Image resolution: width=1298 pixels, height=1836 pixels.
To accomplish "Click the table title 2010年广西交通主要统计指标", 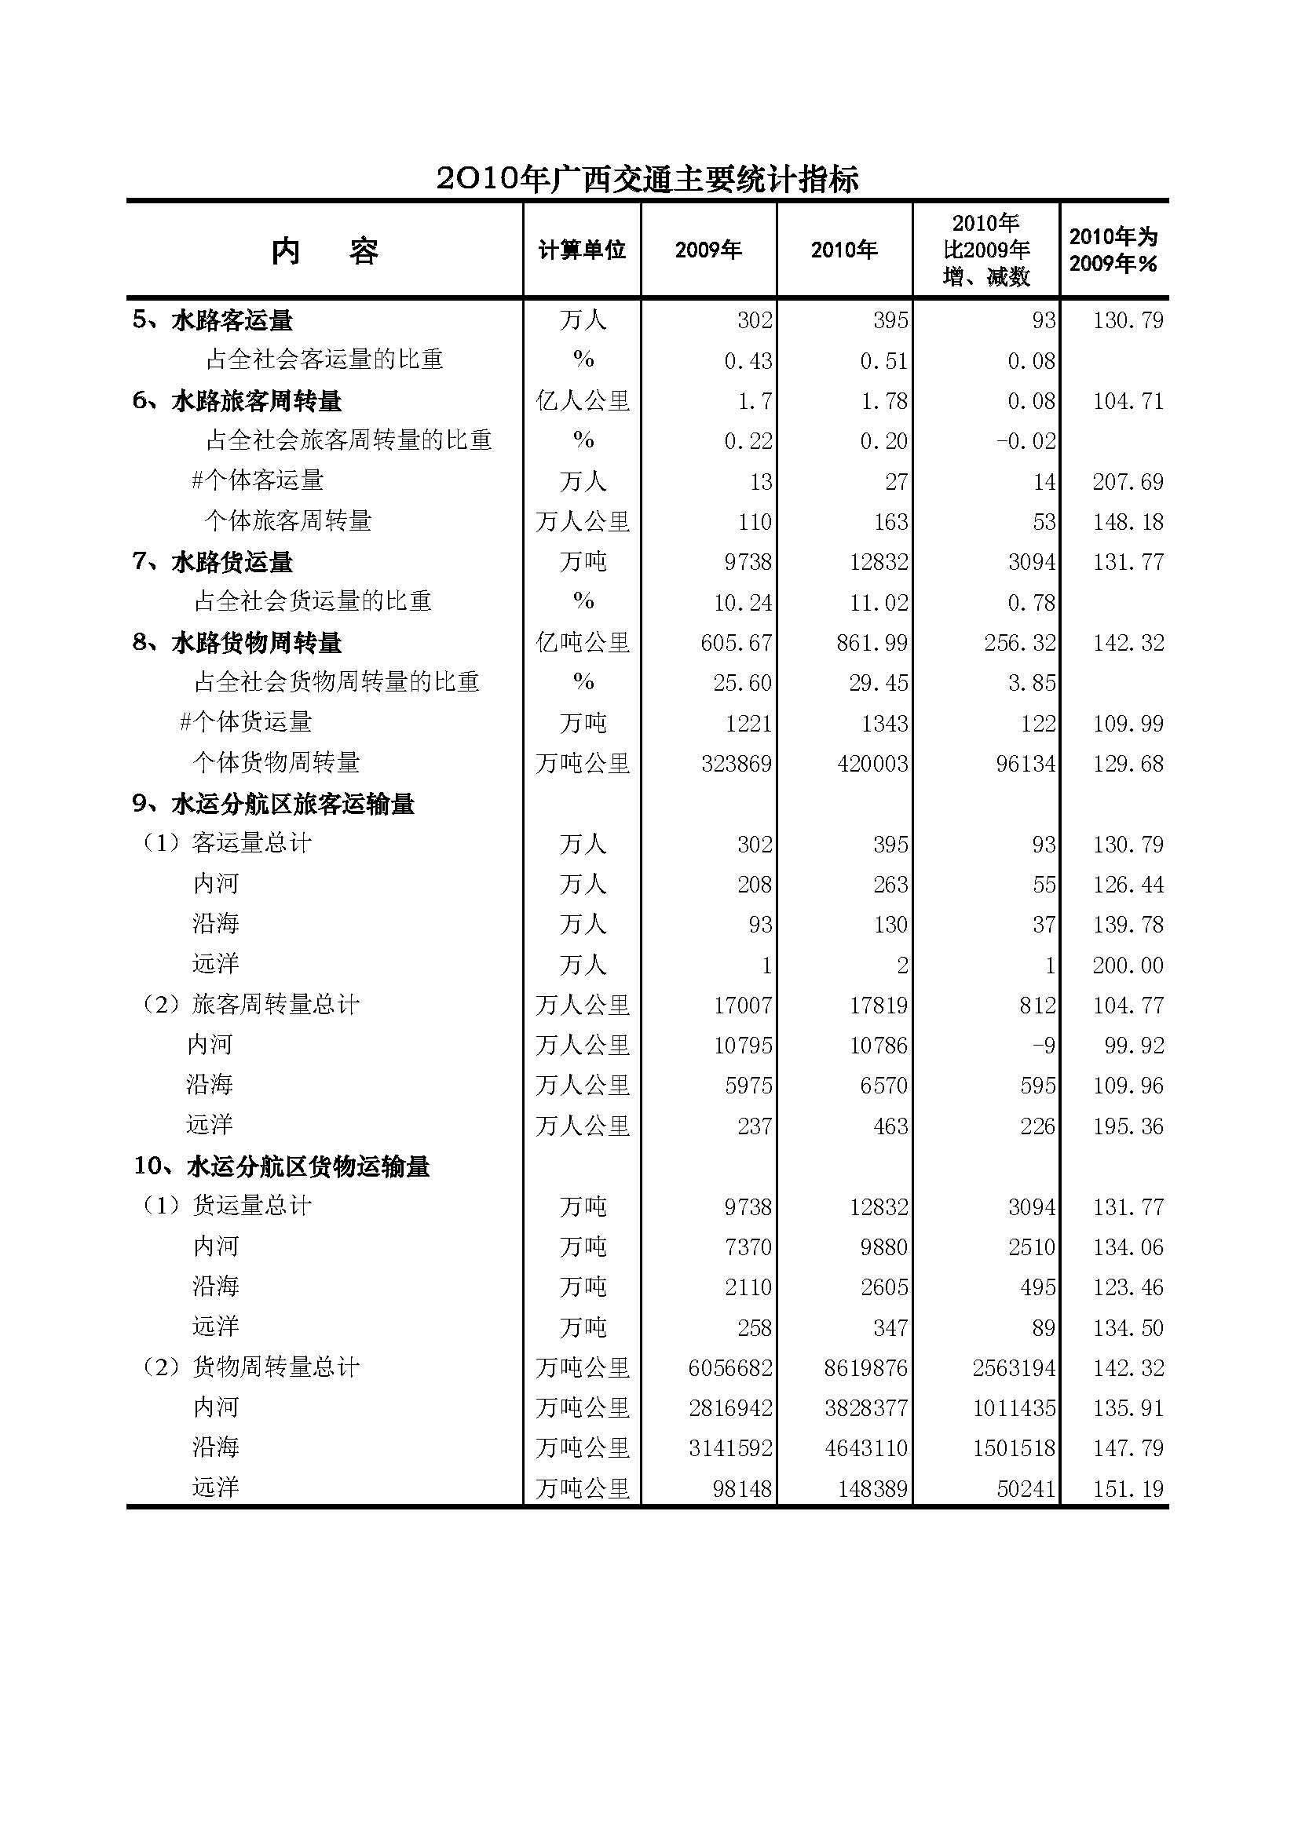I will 648,179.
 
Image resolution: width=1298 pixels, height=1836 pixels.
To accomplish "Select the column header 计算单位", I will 581,250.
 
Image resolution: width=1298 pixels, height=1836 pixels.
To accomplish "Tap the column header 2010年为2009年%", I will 1113,250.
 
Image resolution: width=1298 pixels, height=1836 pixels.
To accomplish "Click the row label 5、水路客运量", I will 213,321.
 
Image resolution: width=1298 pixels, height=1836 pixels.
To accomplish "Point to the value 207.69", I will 1128,481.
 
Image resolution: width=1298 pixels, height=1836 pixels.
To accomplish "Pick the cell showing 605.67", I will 736,643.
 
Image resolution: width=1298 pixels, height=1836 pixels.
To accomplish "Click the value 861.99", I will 872,643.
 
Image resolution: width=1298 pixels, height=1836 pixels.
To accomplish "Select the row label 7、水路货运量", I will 213,562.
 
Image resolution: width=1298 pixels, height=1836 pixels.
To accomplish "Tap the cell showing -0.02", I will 1026,441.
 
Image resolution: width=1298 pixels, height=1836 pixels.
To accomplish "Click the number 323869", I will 736,764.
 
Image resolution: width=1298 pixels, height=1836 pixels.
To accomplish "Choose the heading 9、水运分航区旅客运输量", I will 273,804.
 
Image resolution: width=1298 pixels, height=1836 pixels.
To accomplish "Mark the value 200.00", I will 1128,965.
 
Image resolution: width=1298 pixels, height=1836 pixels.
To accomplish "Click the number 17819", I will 878,1006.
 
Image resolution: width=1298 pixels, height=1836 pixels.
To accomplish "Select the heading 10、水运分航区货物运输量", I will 282,1166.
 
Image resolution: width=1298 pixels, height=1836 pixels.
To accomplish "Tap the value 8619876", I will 865,1368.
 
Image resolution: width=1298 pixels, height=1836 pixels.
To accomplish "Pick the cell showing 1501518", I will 1013,1448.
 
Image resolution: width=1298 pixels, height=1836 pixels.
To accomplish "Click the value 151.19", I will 1128,1489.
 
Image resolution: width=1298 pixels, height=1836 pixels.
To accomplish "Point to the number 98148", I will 741,1489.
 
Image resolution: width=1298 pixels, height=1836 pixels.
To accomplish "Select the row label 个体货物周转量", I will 276,763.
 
